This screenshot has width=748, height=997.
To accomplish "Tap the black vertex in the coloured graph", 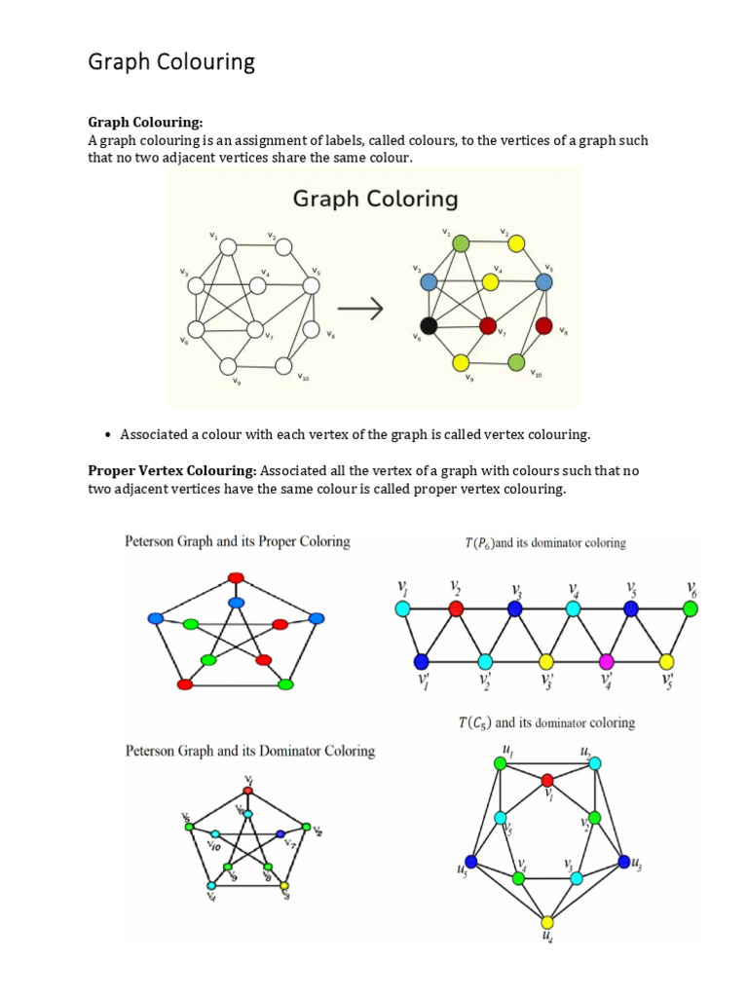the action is (x=428, y=325).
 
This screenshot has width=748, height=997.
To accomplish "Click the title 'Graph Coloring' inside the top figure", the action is (x=375, y=200).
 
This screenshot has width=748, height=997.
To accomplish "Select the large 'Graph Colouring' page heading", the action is (x=171, y=62).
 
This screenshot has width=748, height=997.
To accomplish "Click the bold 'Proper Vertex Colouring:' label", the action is (x=172, y=471).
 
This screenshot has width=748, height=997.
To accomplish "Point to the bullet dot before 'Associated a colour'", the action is (x=105, y=434).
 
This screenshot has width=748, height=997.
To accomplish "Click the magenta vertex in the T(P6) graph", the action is (x=606, y=662).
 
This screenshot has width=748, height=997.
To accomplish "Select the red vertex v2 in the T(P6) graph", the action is (x=455, y=609).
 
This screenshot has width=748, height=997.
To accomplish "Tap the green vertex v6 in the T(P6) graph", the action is (x=691, y=609).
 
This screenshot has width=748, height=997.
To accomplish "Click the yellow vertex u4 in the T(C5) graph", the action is (x=547, y=921).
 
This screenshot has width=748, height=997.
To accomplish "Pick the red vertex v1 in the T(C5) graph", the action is (x=547, y=780).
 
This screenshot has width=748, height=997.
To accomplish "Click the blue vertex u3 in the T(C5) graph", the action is (x=623, y=862).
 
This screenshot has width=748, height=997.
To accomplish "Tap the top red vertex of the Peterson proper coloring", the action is (x=235, y=578).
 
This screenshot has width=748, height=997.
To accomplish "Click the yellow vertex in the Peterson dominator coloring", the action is (x=284, y=886).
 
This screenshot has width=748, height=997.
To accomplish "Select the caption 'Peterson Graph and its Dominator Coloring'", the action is (x=250, y=751).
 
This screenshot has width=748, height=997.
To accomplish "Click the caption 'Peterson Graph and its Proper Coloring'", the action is (x=238, y=541).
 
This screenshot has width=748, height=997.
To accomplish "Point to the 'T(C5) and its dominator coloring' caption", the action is (x=546, y=722).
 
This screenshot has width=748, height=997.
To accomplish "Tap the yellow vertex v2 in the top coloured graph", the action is (x=517, y=243).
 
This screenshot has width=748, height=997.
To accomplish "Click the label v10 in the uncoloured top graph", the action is (x=304, y=378).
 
